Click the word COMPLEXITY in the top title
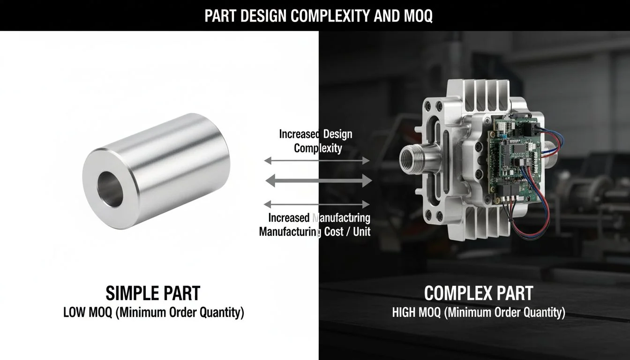click(x=330, y=15)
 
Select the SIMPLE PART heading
click(x=153, y=293)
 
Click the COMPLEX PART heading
click(x=478, y=293)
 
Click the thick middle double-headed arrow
click(x=318, y=180)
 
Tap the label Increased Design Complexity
click(x=316, y=141)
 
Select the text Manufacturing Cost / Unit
click(x=315, y=232)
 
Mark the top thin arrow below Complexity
click(x=317, y=161)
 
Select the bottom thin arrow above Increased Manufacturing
click(x=317, y=204)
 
